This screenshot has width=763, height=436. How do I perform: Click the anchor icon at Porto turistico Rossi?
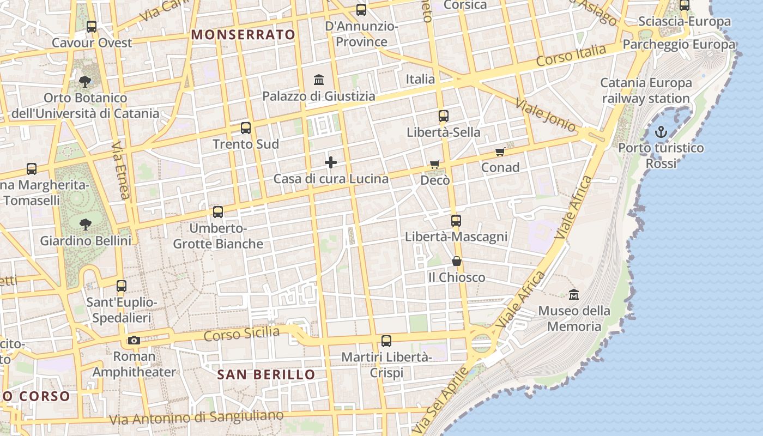pos(661,132)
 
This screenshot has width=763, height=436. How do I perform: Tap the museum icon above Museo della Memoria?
pos(574,294)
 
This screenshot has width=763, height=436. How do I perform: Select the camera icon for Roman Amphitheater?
pos(134,341)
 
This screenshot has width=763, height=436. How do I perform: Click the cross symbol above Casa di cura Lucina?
pos(331,162)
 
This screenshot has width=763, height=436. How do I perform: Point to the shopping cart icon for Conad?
pos(500,152)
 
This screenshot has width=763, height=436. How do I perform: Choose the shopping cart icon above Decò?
pos(435,164)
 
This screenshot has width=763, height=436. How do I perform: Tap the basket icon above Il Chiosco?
pos(457,262)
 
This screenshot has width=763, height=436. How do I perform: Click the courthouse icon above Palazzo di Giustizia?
pos(319,80)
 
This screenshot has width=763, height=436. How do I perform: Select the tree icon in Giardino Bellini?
pos(85,224)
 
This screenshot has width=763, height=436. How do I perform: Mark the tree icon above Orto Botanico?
pos(84,82)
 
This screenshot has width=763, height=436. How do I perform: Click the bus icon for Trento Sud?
pos(246,128)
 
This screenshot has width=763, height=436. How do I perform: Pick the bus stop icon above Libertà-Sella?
pos(444,116)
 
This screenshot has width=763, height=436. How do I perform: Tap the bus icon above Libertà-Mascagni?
pos(456,221)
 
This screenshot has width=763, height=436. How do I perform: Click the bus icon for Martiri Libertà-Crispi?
pos(386,341)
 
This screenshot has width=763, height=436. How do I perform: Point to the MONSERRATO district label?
pos(243,35)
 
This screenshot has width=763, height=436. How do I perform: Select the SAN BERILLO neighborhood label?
pos(266,374)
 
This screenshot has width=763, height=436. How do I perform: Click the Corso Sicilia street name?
pos(241,334)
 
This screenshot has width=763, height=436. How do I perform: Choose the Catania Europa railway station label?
pos(646,90)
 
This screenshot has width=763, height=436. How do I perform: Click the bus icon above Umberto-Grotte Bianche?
pos(218,211)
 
